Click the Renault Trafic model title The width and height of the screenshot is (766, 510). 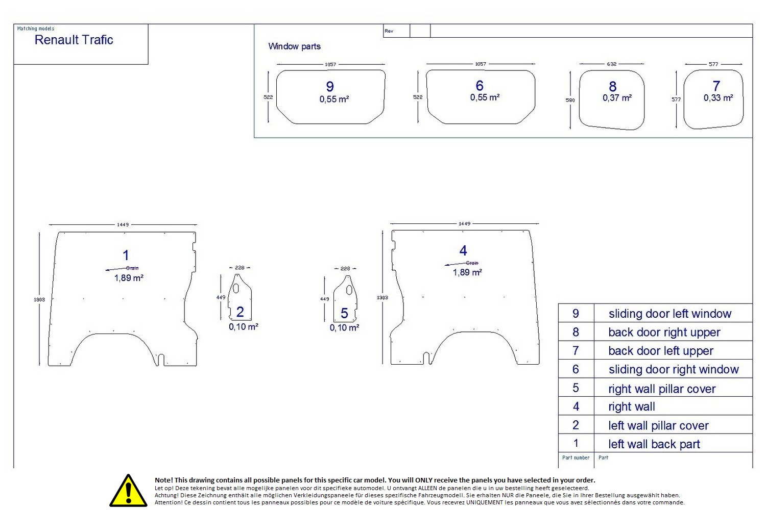74,40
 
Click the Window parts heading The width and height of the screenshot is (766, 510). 294,46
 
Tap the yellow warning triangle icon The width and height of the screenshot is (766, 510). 128,491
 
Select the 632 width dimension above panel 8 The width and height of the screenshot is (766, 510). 611,64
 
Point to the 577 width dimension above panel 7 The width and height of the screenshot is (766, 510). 713,64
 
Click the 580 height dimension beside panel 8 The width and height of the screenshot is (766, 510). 570,100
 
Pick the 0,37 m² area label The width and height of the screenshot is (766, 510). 617,98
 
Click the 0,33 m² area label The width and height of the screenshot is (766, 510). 718,98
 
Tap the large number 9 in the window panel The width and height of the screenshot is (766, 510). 330,87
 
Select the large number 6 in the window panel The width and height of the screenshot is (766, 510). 480,86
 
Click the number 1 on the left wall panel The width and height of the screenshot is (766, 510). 126,255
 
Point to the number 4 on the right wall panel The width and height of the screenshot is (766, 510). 463,250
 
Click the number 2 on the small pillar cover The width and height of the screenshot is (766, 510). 240,312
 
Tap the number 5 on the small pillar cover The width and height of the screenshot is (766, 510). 344,313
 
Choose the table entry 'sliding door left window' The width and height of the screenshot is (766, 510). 669,314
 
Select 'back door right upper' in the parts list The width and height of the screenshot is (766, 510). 664,333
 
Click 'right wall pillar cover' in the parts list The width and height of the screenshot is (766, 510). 662,389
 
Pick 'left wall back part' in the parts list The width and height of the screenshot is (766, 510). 654,444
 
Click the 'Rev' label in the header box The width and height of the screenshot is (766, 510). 389,31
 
